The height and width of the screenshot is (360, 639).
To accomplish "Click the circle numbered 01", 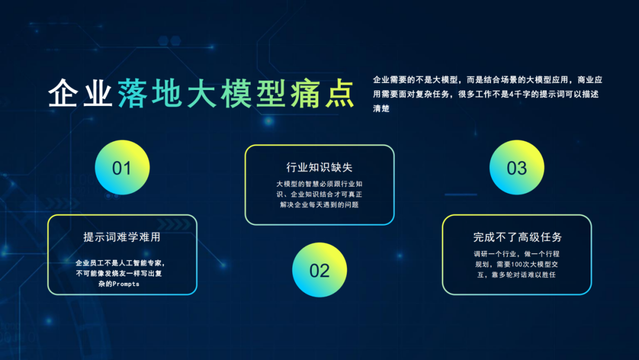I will tap(122, 168).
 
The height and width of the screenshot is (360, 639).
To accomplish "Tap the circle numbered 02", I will tap(319, 270).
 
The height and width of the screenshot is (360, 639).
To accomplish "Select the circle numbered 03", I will tap(517, 168).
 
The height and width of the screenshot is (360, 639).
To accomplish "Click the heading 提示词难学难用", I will tap(122, 237).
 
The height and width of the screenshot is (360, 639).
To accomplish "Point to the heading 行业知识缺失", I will tap(319, 168).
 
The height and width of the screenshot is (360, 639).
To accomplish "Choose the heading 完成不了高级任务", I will tap(517, 237).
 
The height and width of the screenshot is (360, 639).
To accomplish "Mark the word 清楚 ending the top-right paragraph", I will tap(381, 110).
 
